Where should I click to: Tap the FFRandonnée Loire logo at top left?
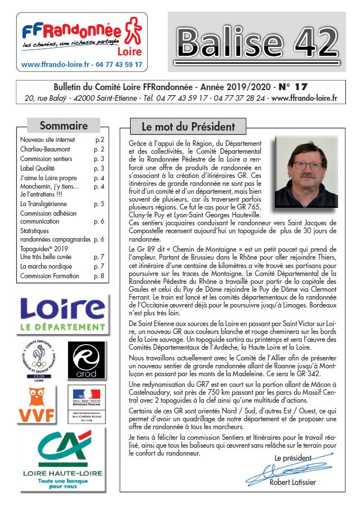point(82,41)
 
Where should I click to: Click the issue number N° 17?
point(293,87)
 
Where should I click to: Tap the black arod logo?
point(86,359)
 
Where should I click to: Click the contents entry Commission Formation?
point(50,276)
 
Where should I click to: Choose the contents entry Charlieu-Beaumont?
point(45,149)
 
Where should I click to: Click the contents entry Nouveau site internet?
point(47,139)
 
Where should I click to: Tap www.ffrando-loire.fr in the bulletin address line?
point(304,98)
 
